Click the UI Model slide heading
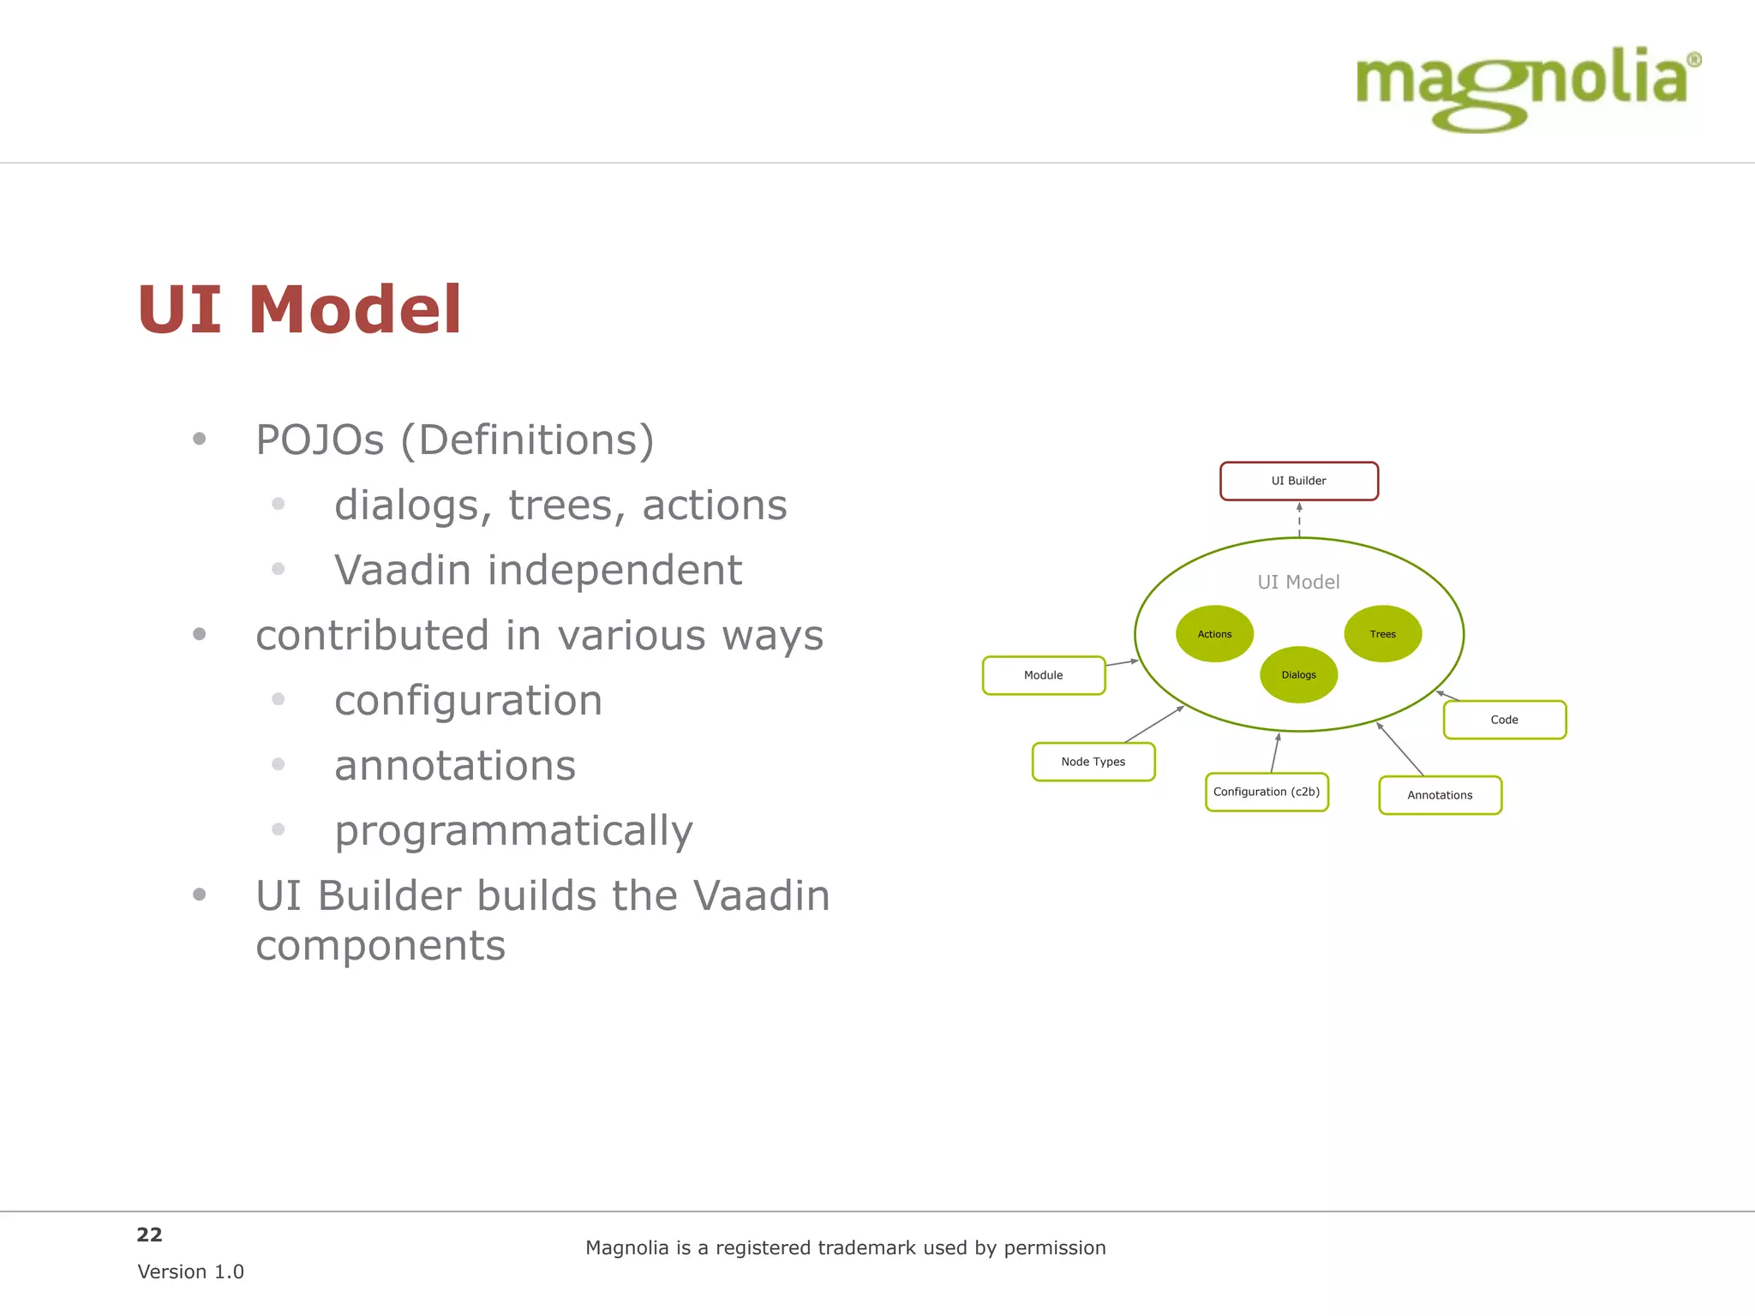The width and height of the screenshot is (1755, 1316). tap(299, 310)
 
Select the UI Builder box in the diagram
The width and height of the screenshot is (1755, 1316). tap(1298, 481)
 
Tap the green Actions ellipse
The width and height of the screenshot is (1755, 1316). tap(1214, 634)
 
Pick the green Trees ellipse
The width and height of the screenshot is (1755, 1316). tap(1382, 634)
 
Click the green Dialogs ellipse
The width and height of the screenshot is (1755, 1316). tap(1298, 675)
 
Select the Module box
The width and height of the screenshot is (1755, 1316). tap(1043, 675)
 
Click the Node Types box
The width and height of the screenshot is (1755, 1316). tap(1093, 762)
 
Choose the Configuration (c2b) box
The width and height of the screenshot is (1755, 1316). tap(1266, 792)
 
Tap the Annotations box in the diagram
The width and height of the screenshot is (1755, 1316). tap(1440, 795)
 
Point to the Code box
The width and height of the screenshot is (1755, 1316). tap(1504, 720)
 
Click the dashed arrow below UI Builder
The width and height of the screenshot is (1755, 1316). tap(1299, 520)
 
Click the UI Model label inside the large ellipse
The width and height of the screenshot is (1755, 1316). tap(1298, 582)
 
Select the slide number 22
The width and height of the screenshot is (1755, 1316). tap(149, 1235)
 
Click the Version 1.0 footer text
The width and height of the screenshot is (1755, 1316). tap(190, 1271)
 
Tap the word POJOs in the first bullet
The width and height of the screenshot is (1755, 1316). tap(320, 440)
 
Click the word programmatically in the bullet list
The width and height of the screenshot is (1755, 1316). tap(513, 831)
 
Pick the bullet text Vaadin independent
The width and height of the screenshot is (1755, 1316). tap(537, 571)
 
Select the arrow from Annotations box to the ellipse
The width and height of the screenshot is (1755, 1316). tap(1400, 750)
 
